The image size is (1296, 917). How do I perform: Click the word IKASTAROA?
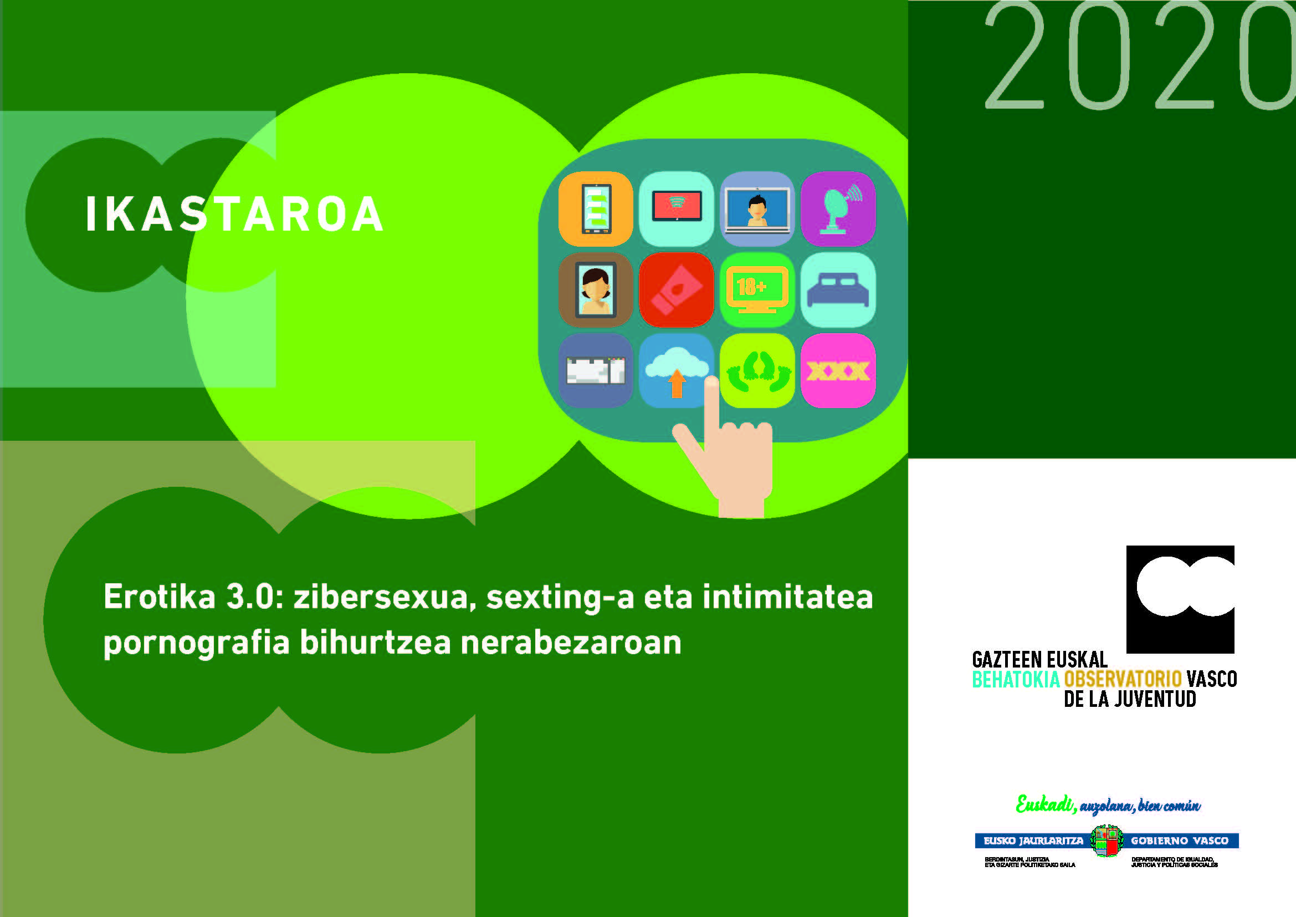coord(234,214)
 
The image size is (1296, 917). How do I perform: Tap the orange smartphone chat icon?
coord(595,209)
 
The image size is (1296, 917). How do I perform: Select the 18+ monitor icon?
coord(757,289)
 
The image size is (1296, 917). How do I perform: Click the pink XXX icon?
coord(838,371)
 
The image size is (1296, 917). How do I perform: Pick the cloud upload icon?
coord(675,370)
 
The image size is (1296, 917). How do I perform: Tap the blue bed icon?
coord(838,289)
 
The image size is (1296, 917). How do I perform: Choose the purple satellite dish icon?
coord(838,209)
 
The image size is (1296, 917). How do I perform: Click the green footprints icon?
coord(757,371)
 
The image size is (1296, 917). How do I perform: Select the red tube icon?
coord(675,289)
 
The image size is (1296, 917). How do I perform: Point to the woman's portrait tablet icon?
coord(595,289)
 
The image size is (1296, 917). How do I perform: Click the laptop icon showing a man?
coord(757,209)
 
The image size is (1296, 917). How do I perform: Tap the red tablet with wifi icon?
coord(675,209)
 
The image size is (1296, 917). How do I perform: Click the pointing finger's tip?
coord(711,383)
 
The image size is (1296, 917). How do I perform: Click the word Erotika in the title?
coord(159,597)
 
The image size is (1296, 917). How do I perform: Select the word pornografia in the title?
coord(196,643)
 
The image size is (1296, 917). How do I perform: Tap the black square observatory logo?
coord(1180,599)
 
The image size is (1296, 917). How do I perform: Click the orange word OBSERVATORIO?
coord(1122,679)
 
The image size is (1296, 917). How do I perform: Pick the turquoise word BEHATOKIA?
coord(1016,679)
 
